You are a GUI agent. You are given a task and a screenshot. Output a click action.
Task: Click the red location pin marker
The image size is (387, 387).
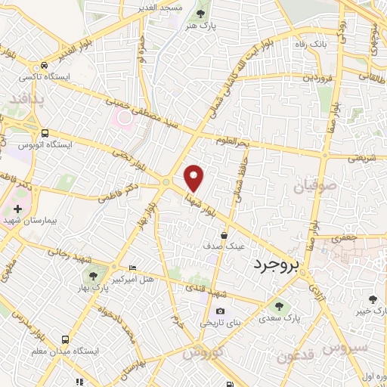click(x=195, y=177)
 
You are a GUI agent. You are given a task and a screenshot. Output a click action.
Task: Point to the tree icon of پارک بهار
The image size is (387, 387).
click(x=92, y=277)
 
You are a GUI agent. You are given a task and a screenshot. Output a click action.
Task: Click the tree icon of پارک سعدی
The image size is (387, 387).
click(x=280, y=306)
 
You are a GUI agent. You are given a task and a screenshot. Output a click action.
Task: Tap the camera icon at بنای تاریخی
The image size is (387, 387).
click(x=220, y=311)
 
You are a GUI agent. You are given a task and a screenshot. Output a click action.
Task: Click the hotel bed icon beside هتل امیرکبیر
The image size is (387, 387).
click(x=133, y=268)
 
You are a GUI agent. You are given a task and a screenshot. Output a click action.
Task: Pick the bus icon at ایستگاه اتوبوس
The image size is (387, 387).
click(x=45, y=132)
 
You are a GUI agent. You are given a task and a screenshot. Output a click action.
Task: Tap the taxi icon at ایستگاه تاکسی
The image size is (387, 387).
click(x=45, y=66)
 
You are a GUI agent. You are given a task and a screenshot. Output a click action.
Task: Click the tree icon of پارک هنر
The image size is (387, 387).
click(x=200, y=14)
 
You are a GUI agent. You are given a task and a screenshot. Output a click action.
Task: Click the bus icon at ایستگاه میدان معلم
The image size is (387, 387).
click(x=66, y=340)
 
